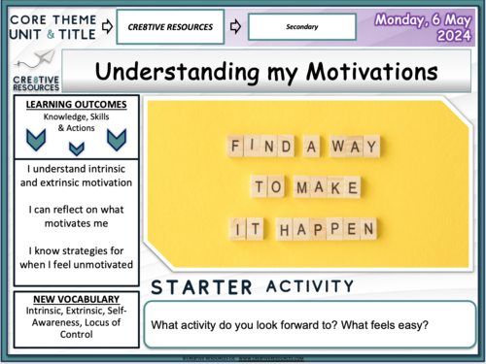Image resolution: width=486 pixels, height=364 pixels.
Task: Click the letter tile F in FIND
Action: [235, 145]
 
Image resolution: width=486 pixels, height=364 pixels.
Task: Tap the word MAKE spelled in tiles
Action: [325, 185]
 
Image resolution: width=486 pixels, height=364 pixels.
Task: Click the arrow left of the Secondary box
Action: [234, 26]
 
